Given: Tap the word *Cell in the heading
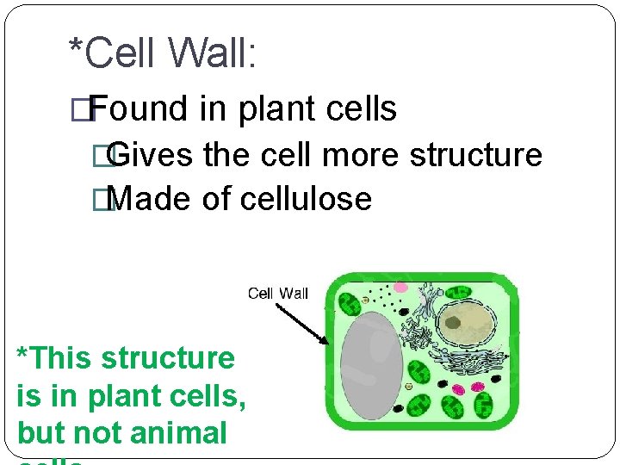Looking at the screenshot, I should pyautogui.click(x=110, y=53).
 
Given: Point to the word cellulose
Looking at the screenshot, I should pyautogui.click(x=306, y=199).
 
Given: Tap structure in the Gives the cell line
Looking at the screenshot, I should pyautogui.click(x=476, y=155).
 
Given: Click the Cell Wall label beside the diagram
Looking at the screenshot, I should pyautogui.click(x=277, y=294).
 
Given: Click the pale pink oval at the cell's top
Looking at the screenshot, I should pyautogui.click(x=401, y=287).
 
